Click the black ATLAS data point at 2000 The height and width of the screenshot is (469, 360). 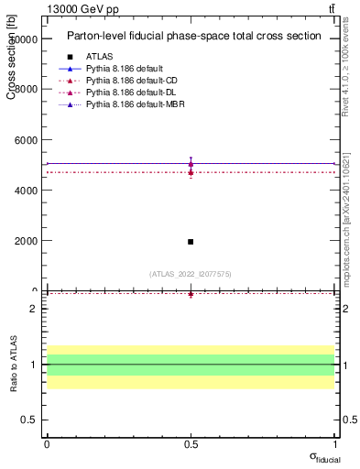(191, 242)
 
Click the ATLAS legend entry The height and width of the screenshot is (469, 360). (100, 57)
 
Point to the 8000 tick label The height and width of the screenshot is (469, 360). (26, 90)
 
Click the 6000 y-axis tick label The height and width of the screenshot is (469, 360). (26, 140)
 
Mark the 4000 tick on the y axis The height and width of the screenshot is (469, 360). (26, 191)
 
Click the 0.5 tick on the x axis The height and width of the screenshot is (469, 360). (191, 444)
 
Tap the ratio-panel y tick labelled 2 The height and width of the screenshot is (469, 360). (32, 309)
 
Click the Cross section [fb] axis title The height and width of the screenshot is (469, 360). (11, 59)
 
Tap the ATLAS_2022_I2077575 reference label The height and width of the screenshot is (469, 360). (191, 274)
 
